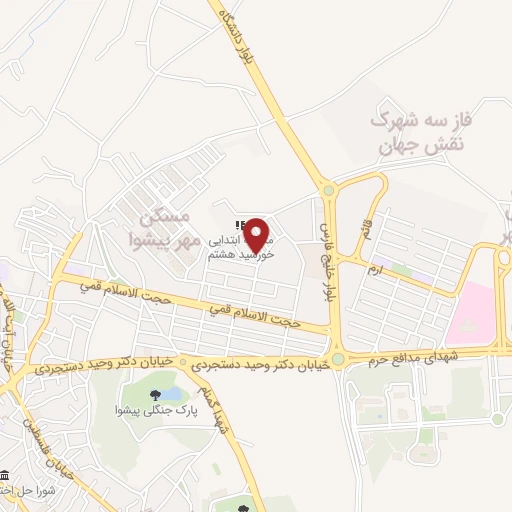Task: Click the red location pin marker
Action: point(259,235)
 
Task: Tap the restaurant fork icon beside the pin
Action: point(237,226)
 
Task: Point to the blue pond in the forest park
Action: point(171,386)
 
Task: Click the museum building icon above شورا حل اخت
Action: point(7,474)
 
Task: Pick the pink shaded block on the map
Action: point(470,311)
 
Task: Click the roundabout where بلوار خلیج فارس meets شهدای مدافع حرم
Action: point(337,357)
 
